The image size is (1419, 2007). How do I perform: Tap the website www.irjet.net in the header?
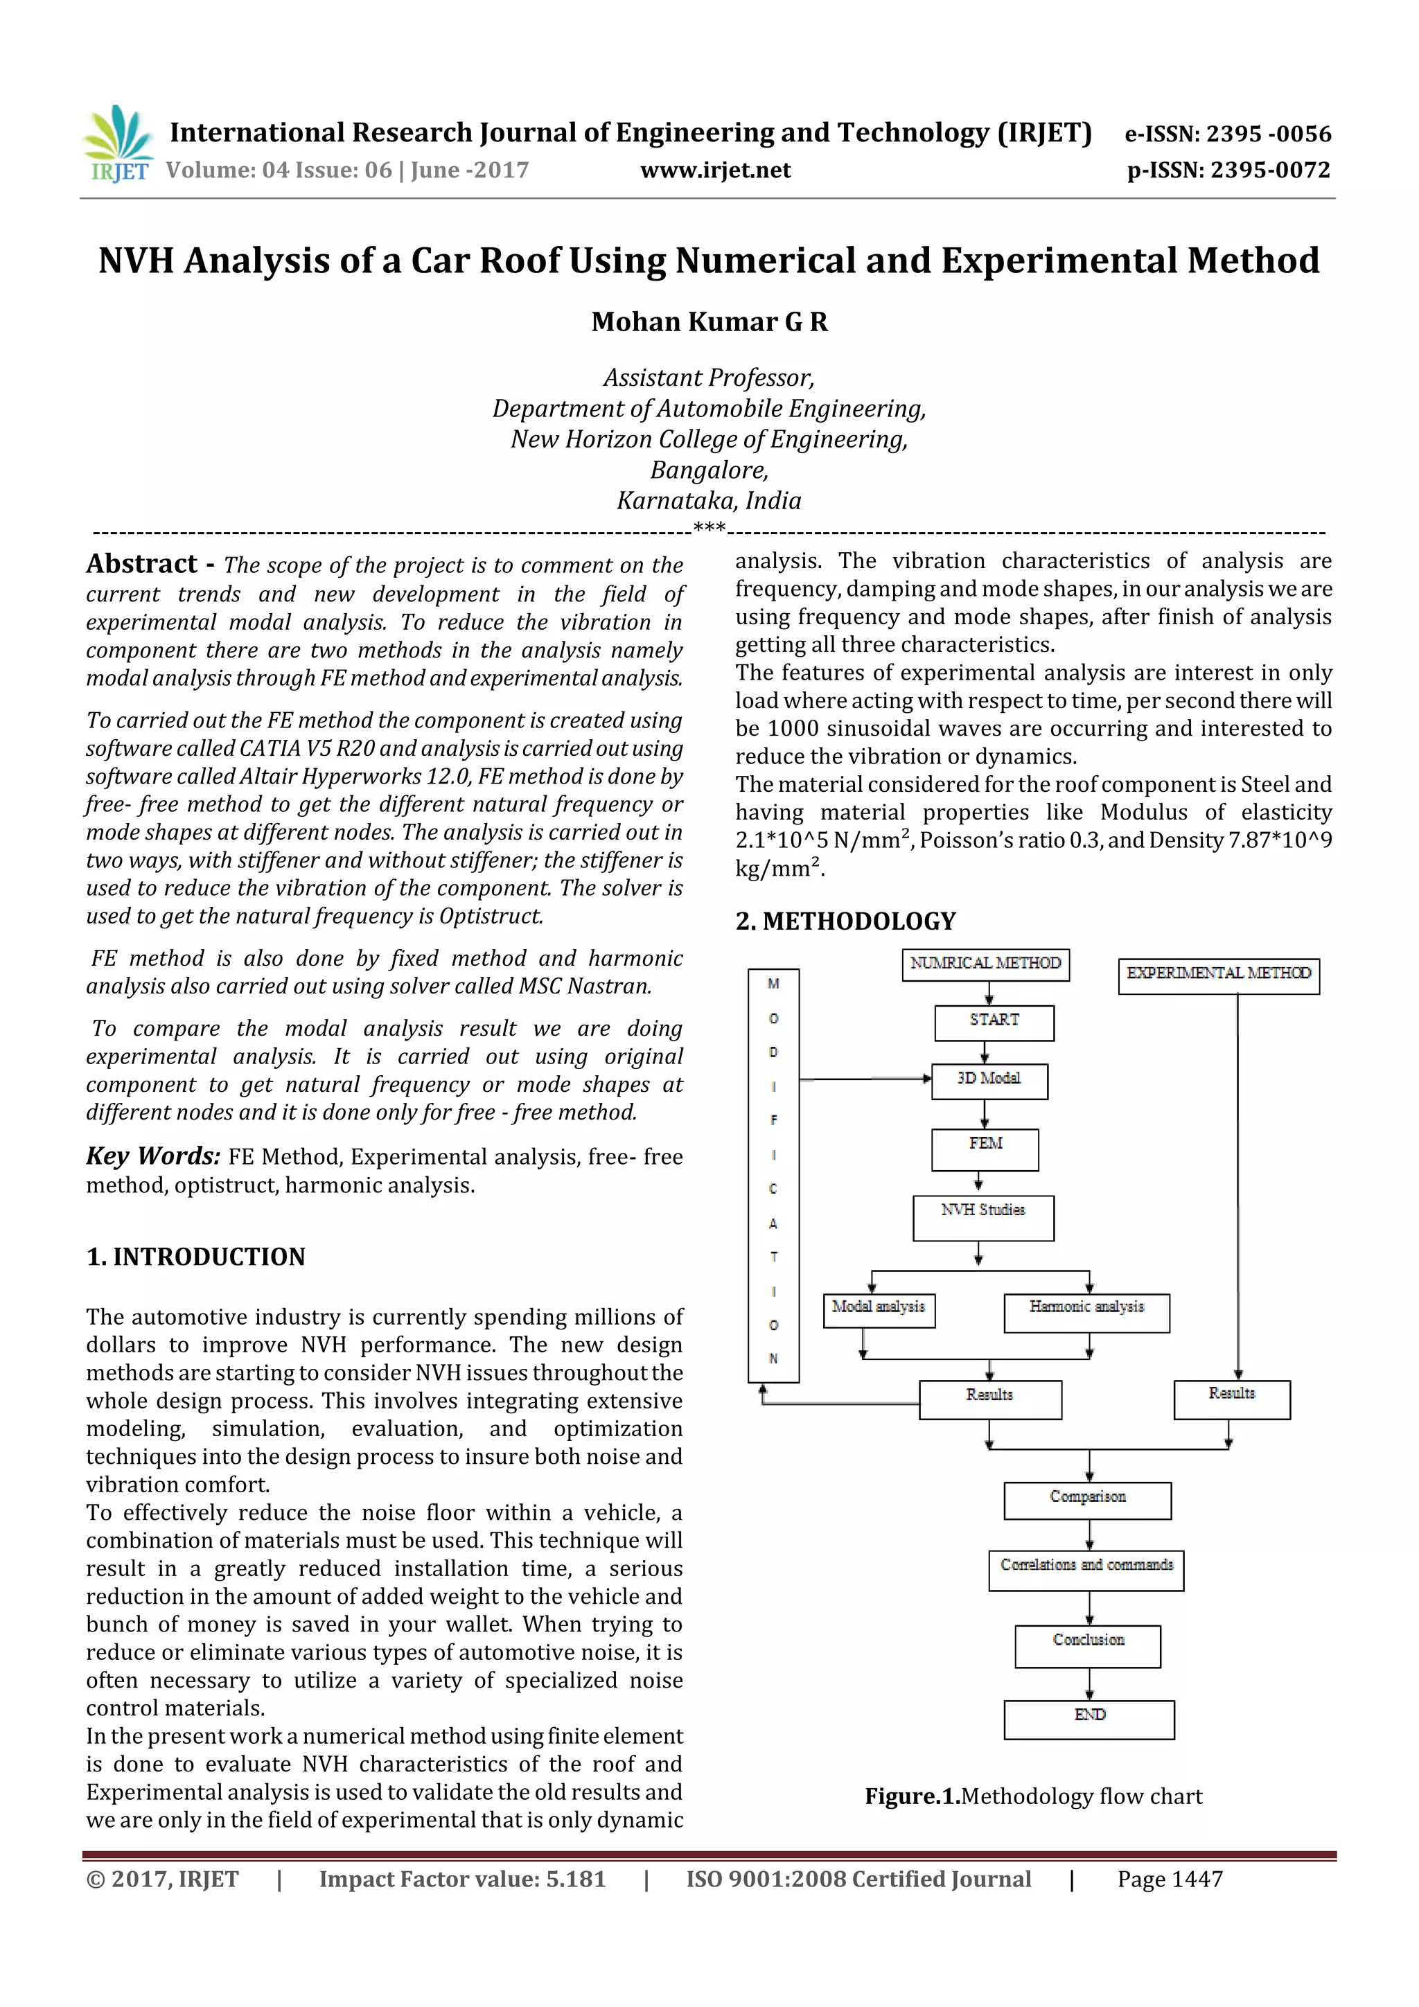point(714,170)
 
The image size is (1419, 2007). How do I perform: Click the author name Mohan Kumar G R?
point(709,321)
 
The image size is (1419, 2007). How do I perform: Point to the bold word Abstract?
point(141,564)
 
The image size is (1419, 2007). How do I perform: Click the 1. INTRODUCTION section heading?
point(196,1256)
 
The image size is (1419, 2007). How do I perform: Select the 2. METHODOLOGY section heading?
point(845,921)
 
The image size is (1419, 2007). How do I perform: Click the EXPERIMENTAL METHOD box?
point(1218,975)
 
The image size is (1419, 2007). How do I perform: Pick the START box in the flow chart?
point(994,1021)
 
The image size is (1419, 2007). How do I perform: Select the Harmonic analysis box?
point(1086,1312)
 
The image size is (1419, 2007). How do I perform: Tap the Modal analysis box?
point(879,1309)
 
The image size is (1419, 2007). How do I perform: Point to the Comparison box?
point(1088,1499)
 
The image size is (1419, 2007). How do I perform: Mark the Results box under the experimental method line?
point(1231,1398)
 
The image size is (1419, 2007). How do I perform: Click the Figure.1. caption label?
point(912,1796)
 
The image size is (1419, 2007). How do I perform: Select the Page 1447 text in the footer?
point(1169,1879)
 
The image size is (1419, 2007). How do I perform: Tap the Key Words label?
point(152,1156)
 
